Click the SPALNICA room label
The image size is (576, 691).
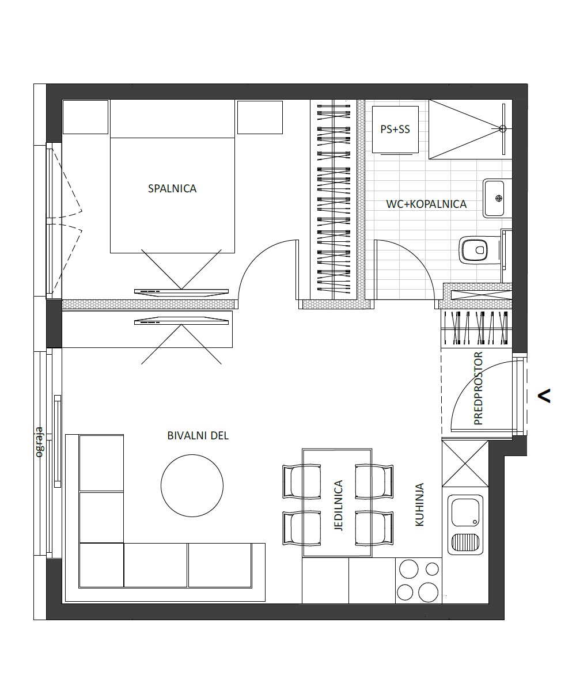tap(172, 189)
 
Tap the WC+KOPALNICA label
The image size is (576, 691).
tap(426, 204)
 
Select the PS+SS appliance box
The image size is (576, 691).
tap(395, 130)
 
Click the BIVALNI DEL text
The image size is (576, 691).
tap(198, 436)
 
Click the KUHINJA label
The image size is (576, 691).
tap(419, 504)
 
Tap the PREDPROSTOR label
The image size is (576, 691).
tap(478, 389)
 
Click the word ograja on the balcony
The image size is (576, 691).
tap(39, 442)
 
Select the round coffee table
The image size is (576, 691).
tap(192, 485)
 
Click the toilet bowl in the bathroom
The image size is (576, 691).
tap(475, 250)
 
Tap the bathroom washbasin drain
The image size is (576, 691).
tap(499, 198)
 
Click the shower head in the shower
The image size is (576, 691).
tap(503, 129)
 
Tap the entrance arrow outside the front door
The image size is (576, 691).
tap(544, 396)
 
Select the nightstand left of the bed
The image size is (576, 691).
tap(85, 117)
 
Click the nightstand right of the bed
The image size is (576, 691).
tap(260, 117)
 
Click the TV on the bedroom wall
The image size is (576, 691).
tap(181, 291)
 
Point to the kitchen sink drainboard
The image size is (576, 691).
tap(465, 542)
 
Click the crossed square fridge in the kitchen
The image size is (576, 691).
tap(465, 464)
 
